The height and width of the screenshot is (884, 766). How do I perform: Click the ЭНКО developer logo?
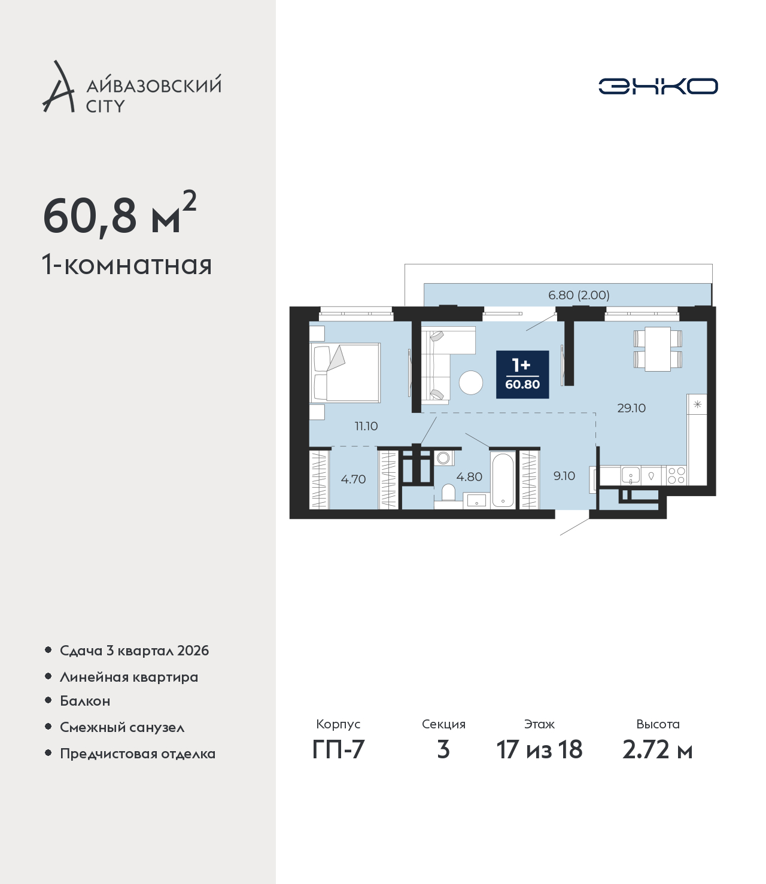pos(658,86)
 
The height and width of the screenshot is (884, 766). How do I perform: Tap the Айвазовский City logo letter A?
pos(57,87)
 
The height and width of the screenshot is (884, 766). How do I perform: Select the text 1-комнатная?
pos(127,266)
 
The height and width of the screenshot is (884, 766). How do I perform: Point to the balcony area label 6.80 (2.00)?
pos(579,295)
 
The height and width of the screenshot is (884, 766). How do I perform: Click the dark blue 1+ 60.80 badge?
pos(522,375)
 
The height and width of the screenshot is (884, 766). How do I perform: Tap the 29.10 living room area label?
pos(631,408)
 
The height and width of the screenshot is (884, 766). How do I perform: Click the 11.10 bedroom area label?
pos(366,426)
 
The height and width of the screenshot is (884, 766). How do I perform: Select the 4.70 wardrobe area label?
pos(353,479)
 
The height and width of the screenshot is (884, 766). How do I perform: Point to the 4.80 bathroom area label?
pos(469,477)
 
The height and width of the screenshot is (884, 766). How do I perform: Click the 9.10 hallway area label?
pos(564,476)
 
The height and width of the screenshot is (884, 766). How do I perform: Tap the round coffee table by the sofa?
pos(471,382)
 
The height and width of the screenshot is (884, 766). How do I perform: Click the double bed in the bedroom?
pos(345,372)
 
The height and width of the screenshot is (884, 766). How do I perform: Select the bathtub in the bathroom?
pos(503,480)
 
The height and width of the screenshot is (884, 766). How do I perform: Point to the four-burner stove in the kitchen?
pos(676,476)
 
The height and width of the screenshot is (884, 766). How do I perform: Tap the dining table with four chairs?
pos(657,349)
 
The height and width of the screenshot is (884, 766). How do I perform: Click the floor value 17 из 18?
pos(539,750)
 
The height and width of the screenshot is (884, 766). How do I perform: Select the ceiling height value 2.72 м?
pos(657,750)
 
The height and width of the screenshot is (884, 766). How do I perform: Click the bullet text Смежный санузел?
pos(122,727)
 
